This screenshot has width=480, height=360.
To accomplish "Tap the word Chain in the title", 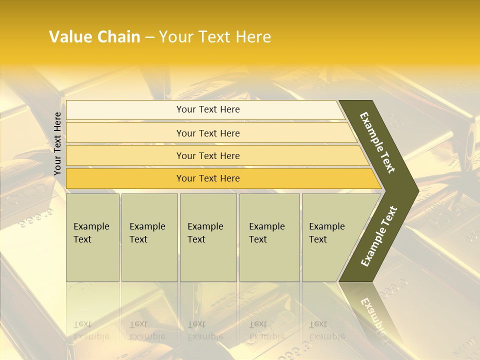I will click(119, 37).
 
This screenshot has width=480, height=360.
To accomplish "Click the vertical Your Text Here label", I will click(57, 143).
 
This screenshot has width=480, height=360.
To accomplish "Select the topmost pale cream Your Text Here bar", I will click(207, 109).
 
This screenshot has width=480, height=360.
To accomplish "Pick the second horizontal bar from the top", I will click(207, 133).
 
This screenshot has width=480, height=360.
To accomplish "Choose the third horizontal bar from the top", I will click(207, 155).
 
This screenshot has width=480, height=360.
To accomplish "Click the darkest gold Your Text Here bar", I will click(207, 178).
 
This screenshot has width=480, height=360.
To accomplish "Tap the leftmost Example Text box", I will click(92, 237).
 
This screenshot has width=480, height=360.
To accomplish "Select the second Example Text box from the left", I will click(149, 237).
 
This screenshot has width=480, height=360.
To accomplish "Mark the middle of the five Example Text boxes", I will click(208, 237).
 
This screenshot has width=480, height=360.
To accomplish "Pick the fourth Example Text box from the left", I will click(269, 237).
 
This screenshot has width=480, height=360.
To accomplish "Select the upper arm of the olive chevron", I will click(378, 142).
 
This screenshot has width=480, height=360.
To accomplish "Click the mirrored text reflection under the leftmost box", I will click(91, 330).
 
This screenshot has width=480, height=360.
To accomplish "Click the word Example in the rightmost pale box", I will click(327, 226).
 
